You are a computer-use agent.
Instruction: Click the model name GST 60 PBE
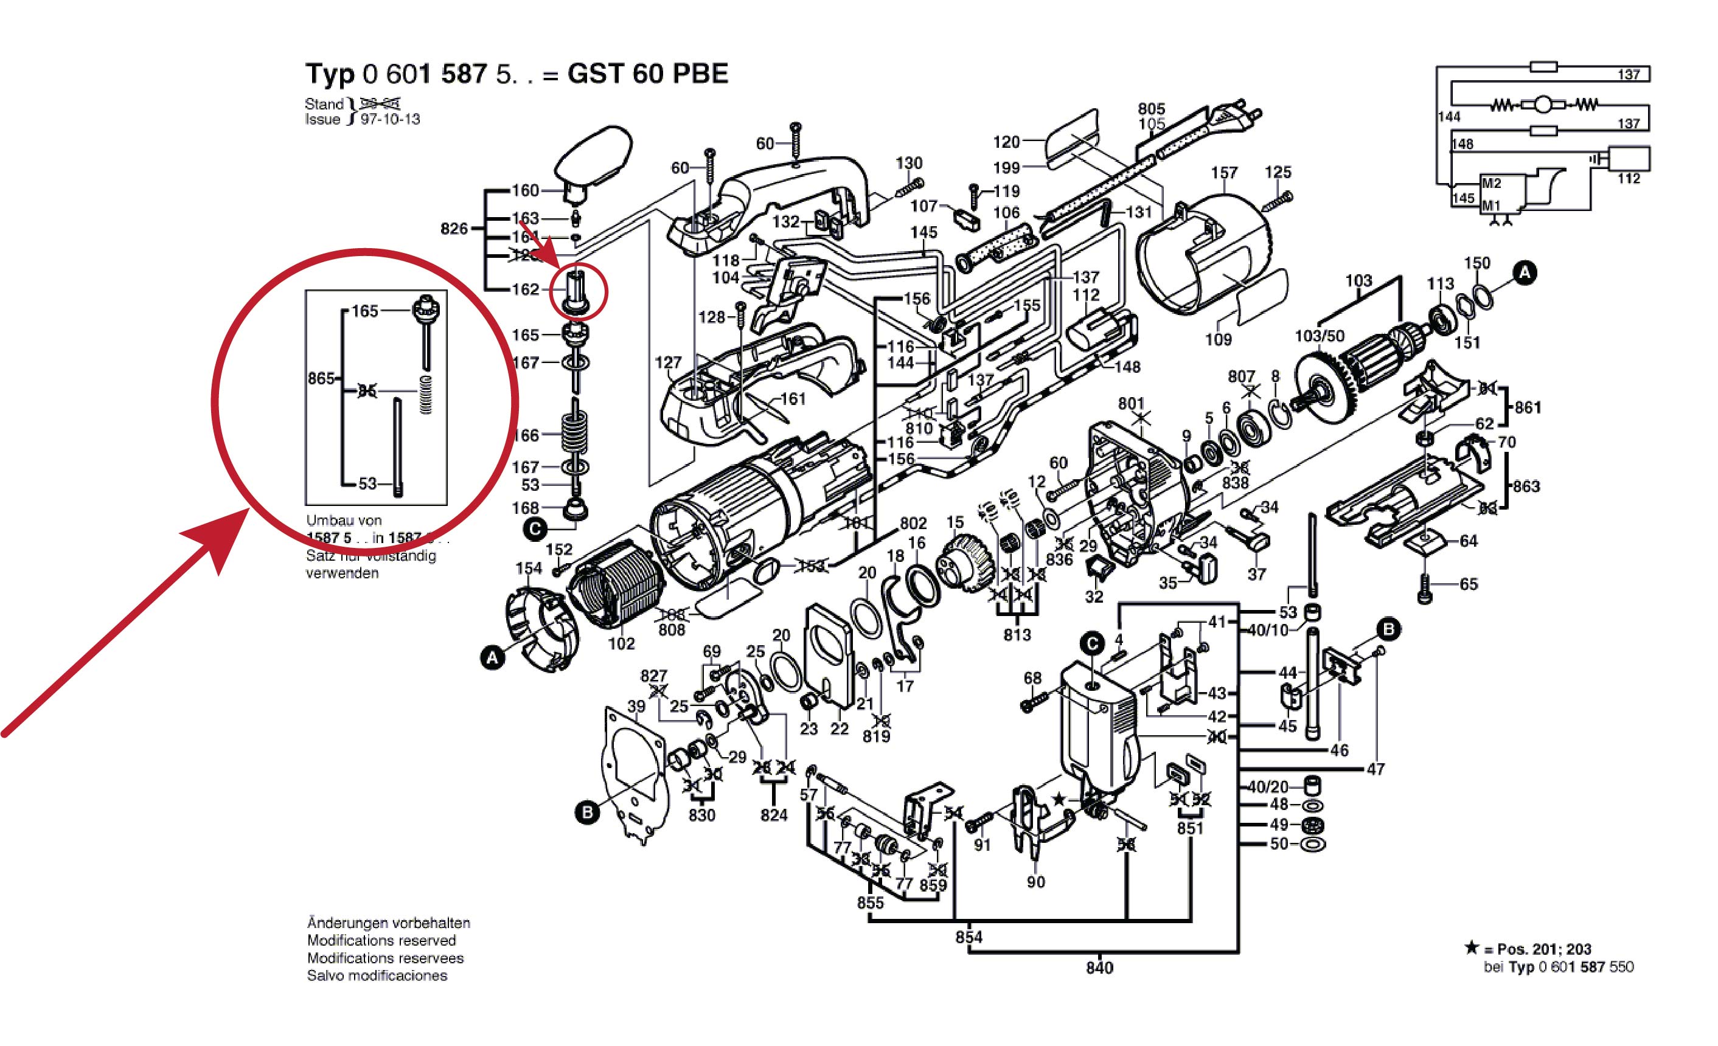pos(647,73)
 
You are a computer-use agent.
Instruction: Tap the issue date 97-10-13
pos(390,119)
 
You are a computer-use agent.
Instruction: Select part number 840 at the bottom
pos(1099,968)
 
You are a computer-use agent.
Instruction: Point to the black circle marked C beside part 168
pos(535,530)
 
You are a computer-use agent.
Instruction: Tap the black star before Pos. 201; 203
pos(1471,947)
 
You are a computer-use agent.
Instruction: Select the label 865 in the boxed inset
pos(321,378)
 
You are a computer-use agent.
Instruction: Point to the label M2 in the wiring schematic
pos(1492,183)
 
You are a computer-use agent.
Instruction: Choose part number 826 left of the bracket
pos(454,229)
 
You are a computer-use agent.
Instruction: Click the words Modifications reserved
pos(381,940)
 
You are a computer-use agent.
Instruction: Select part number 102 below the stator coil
pos(621,643)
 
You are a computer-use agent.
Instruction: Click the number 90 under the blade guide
pos(1035,882)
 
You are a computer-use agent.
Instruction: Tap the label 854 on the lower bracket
pos(969,937)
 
